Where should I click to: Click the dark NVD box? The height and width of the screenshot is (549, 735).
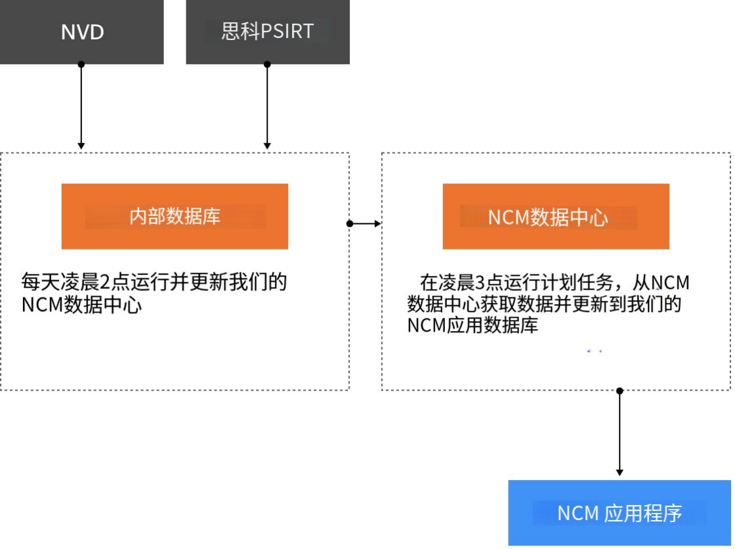tap(81, 32)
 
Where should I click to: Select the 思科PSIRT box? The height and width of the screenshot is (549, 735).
tap(268, 32)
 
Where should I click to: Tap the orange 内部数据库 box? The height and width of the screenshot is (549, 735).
tap(175, 217)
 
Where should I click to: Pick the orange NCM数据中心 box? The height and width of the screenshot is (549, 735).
tap(556, 217)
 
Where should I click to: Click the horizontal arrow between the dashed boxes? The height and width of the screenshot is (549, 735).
tap(366, 224)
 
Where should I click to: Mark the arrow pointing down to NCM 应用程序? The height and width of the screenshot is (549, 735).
tap(619, 433)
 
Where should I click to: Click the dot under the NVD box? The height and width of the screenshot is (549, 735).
tap(81, 64)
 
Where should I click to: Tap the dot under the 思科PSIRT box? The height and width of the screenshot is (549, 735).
tap(267, 64)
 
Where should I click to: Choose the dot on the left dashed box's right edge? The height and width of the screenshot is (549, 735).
tap(350, 224)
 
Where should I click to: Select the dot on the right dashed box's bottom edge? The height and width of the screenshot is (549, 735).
tap(619, 391)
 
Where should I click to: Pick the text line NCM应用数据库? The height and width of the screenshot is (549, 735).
tap(472, 325)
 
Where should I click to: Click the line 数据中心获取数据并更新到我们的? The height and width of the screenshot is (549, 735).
tap(544, 304)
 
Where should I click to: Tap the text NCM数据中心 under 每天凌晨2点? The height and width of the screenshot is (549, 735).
tap(81, 305)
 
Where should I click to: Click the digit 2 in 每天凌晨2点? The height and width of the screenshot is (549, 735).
tap(104, 283)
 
